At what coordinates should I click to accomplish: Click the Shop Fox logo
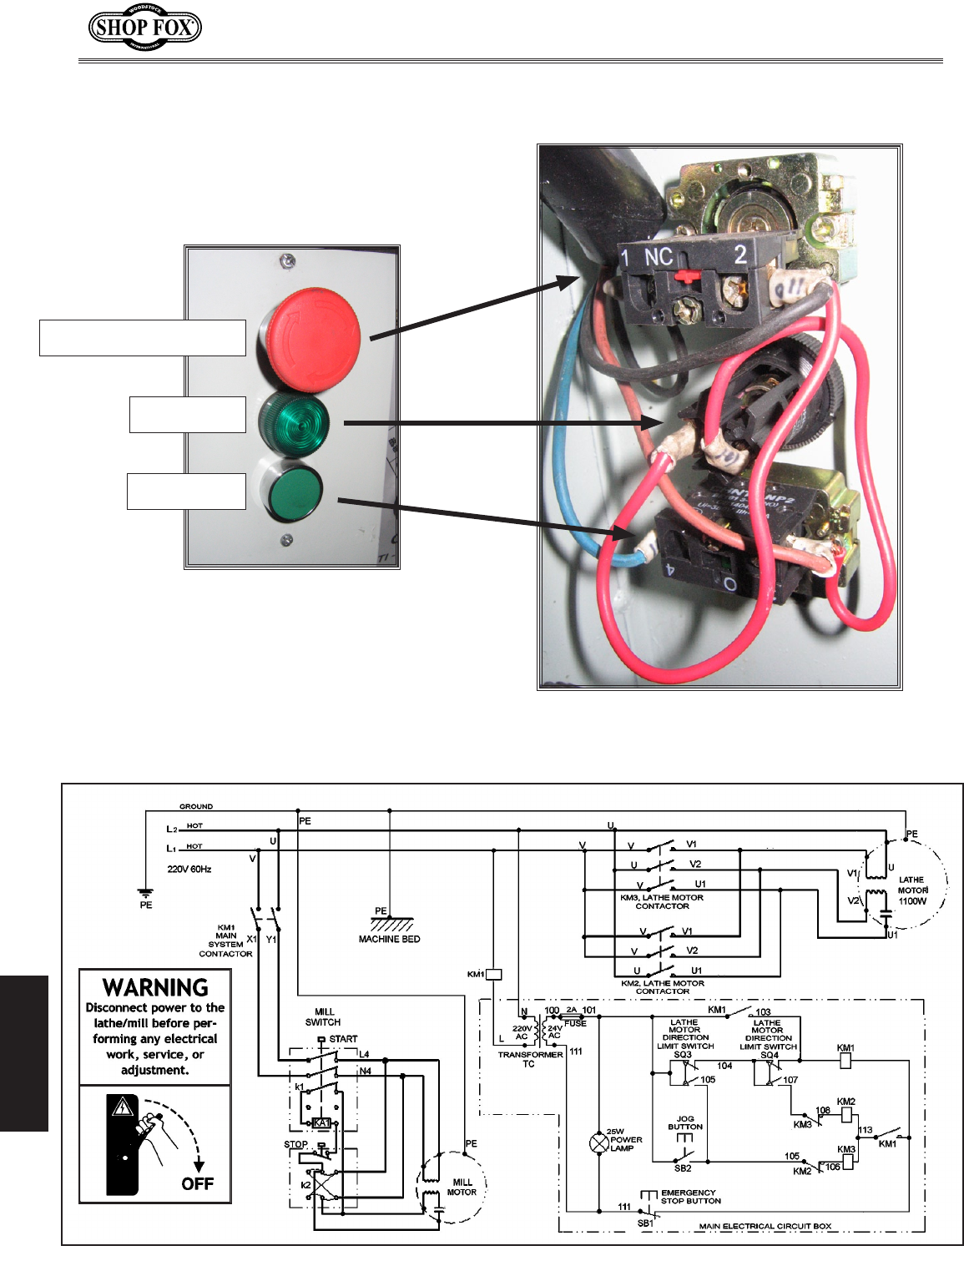pyautogui.click(x=145, y=28)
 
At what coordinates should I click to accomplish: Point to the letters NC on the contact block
pyautogui.click(x=659, y=257)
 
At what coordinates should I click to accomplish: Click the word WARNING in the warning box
pyautogui.click(x=155, y=987)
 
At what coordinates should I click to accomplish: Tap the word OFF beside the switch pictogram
pyautogui.click(x=197, y=1183)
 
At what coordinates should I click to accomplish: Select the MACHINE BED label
pyautogui.click(x=389, y=939)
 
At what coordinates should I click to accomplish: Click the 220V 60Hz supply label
pyautogui.click(x=189, y=869)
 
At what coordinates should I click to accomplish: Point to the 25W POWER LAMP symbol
pyautogui.click(x=599, y=1142)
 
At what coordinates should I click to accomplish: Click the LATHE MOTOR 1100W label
pyautogui.click(x=911, y=890)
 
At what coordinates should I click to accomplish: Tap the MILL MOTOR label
pyautogui.click(x=462, y=1187)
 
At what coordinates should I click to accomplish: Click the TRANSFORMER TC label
pyautogui.click(x=530, y=1059)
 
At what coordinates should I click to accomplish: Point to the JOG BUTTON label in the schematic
pyautogui.click(x=685, y=1122)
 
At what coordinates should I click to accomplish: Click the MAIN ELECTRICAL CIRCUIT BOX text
pyautogui.click(x=765, y=1226)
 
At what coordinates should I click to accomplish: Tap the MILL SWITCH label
pyautogui.click(x=323, y=1016)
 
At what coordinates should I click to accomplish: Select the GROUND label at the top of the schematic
pyautogui.click(x=196, y=806)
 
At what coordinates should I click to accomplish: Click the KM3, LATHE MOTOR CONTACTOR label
pyautogui.click(x=662, y=901)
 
